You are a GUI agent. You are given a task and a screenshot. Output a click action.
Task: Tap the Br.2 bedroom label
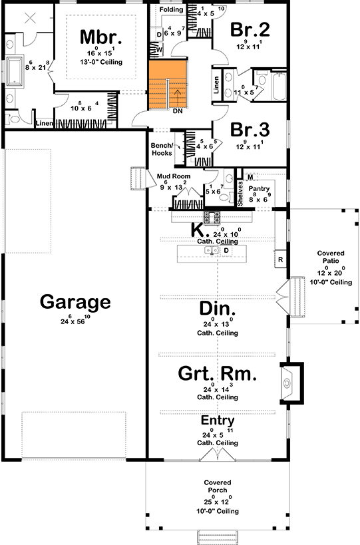click(x=250, y=29)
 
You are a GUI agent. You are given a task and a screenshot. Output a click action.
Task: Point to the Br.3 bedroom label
click(x=250, y=128)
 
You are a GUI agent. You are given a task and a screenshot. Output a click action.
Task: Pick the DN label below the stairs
click(x=178, y=112)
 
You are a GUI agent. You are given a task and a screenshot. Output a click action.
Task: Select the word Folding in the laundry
click(x=171, y=9)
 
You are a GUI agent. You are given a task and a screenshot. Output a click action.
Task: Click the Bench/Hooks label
click(x=162, y=149)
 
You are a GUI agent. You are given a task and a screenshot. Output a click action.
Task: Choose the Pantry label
click(x=259, y=189)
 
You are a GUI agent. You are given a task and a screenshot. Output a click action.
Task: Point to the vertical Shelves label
click(x=241, y=194)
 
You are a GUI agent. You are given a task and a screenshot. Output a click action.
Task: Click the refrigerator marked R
click(x=280, y=258)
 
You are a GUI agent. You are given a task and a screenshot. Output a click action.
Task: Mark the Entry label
click(x=218, y=421)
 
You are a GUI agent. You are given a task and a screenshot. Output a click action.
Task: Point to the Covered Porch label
click(x=218, y=485)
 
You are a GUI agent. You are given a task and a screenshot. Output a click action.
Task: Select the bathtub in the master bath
click(x=15, y=69)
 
